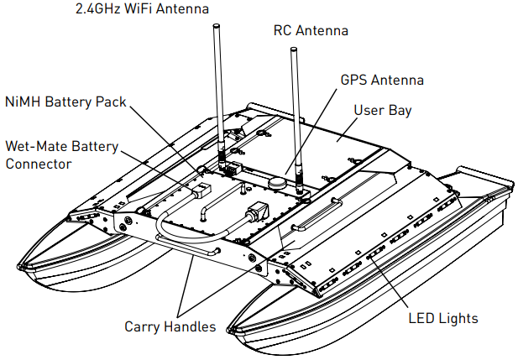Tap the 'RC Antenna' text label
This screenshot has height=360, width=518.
pyautogui.click(x=311, y=30)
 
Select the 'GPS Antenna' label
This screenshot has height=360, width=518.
pyautogui.click(x=382, y=81)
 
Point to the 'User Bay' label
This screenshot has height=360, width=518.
pyautogui.click(x=382, y=110)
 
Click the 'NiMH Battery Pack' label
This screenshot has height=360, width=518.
pyautogui.click(x=65, y=102)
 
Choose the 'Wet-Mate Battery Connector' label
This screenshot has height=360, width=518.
pyautogui.click(x=60, y=154)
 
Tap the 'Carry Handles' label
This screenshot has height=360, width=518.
pyautogui.click(x=170, y=326)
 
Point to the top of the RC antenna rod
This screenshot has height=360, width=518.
pyautogui.click(x=295, y=50)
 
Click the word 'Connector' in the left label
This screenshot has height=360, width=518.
pyautogui.click(x=38, y=164)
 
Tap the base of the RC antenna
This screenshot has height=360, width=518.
pyautogui.click(x=297, y=171)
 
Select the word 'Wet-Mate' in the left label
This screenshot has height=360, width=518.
pyautogui.click(x=32, y=145)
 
